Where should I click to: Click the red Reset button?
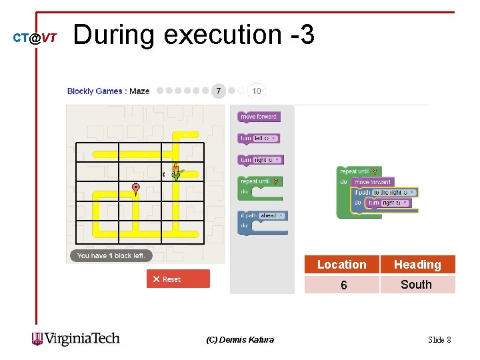pyautogui.click(x=178, y=279)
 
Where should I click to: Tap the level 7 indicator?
pyautogui.click(x=218, y=91)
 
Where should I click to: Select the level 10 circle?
pyautogui.click(x=257, y=91)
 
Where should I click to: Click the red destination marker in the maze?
pyautogui.click(x=136, y=189)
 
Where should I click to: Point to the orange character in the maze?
pyautogui.click(x=175, y=171)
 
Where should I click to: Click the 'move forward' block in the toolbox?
pyautogui.click(x=258, y=117)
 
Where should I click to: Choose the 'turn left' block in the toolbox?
pyautogui.click(x=259, y=138)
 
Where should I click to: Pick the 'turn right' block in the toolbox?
pyautogui.click(x=261, y=160)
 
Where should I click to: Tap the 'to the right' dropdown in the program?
pyautogui.click(x=394, y=192)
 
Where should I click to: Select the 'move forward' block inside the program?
pyautogui.click(x=373, y=181)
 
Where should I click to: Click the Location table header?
pyautogui.click(x=341, y=265)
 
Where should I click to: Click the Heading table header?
pyautogui.click(x=417, y=265)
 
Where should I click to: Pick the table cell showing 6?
pyautogui.click(x=343, y=285)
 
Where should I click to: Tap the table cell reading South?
pyautogui.click(x=417, y=285)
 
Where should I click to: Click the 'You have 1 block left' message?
pyautogui.click(x=111, y=255)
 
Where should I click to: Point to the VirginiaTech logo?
pyautogui.click(x=76, y=339)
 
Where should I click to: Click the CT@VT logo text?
pyautogui.click(x=35, y=38)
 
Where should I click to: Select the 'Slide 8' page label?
pyautogui.click(x=439, y=340)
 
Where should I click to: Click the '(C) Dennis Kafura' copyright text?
pyautogui.click(x=240, y=340)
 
